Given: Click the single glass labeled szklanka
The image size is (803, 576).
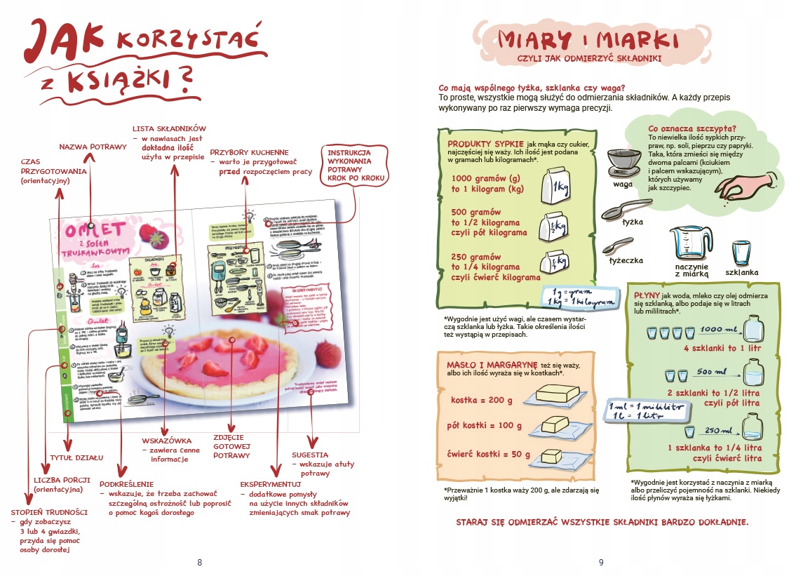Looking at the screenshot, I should point(741,253).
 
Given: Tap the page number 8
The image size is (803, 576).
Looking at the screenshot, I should point(200,562).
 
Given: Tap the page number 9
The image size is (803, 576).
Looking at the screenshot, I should point(601,562).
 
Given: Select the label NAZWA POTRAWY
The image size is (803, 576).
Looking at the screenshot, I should point(93,147).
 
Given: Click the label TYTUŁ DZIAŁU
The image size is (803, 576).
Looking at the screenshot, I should point(76,457).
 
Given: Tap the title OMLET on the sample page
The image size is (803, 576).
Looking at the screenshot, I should point(95,230).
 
